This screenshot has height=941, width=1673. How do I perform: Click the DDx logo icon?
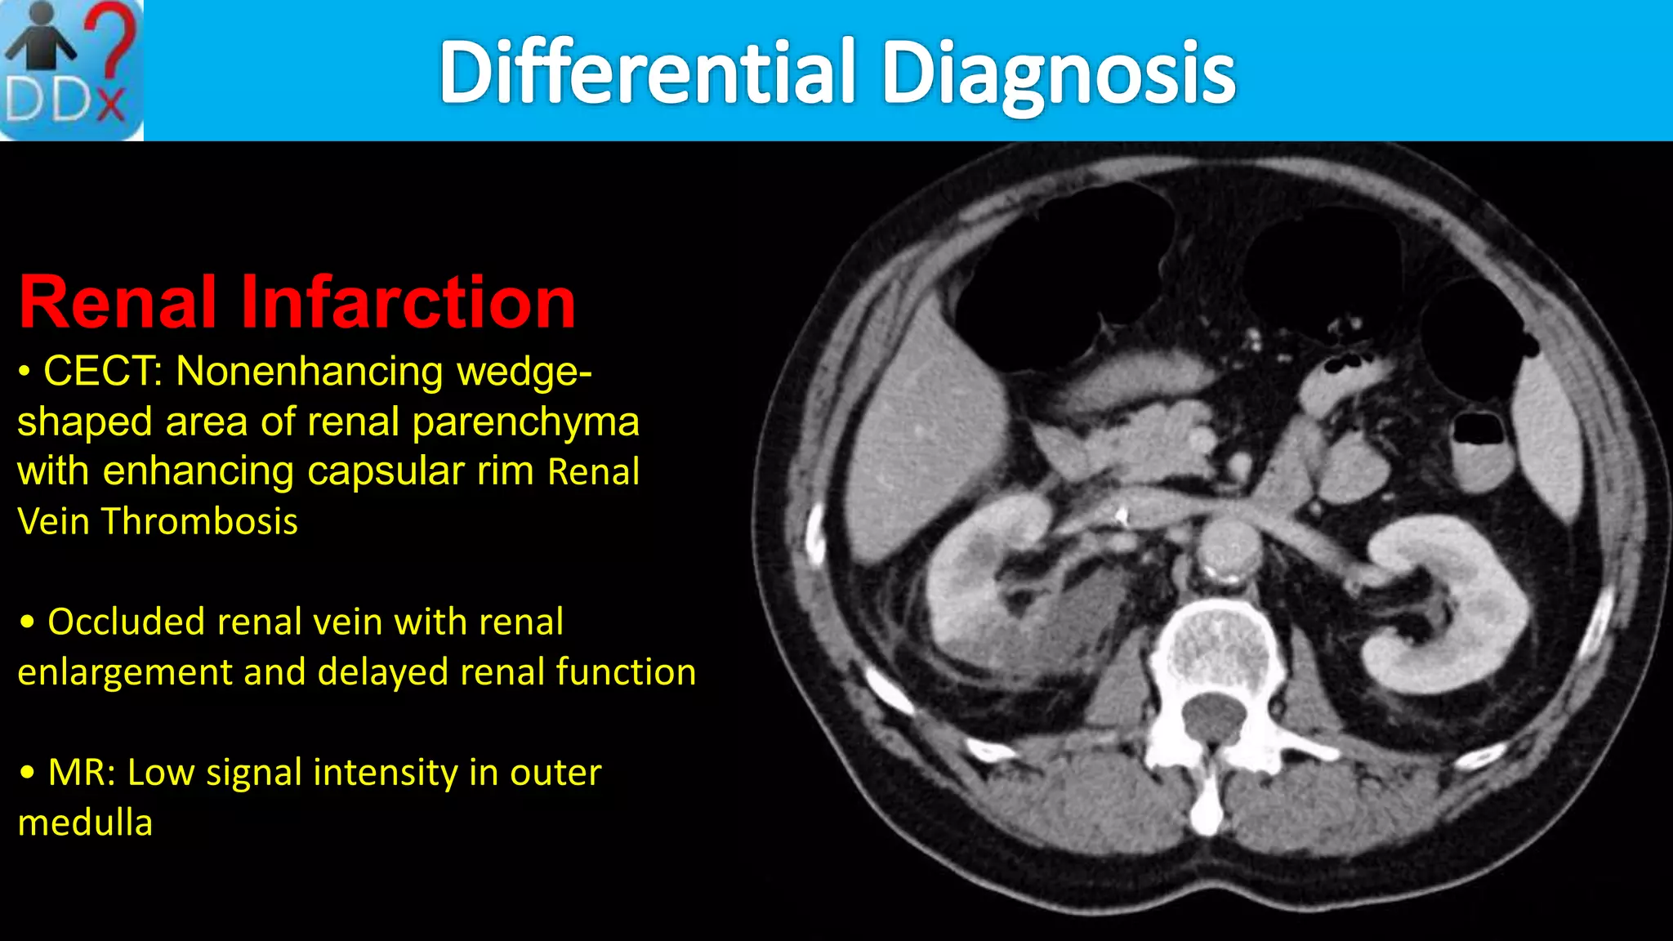[72, 70]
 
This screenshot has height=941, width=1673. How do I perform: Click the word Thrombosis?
[199, 521]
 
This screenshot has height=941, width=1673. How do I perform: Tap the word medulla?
[85, 823]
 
